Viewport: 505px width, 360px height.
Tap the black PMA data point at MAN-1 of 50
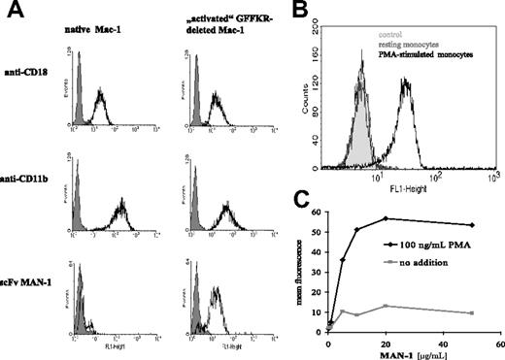click(472, 225)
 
